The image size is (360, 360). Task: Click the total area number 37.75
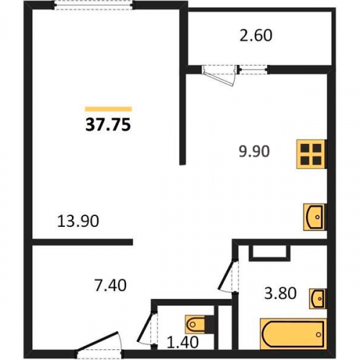[x=108, y=125]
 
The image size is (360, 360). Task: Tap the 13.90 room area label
[x=78, y=221]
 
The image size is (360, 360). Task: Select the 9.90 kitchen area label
[x=254, y=151]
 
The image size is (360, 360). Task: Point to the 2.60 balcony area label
[x=256, y=35]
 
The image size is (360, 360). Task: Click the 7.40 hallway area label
[x=111, y=286]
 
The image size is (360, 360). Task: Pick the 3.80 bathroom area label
[x=280, y=293]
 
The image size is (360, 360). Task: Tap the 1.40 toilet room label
[x=183, y=342]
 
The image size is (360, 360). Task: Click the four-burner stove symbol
[x=312, y=154]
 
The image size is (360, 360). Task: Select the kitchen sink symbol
[x=315, y=217]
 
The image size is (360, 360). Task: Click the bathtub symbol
[x=294, y=333]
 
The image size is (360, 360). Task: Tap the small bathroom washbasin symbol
[x=318, y=299]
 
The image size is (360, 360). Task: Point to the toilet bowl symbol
[x=199, y=325]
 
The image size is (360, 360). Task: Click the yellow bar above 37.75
[x=109, y=109]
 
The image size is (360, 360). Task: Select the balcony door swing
[x=219, y=75]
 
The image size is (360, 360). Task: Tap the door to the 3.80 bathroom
[x=227, y=275]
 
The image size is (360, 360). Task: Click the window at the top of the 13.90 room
[x=94, y=5]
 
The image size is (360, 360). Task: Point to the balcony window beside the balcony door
[x=253, y=70]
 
